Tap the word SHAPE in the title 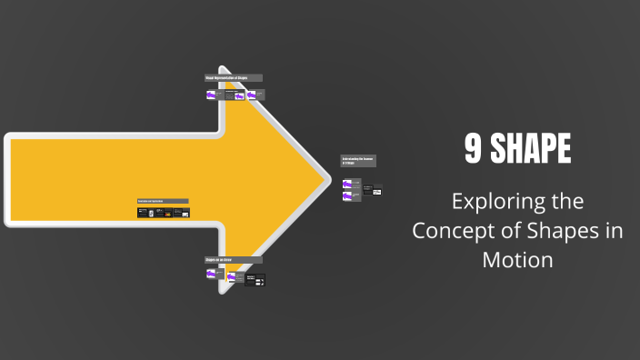point(531,150)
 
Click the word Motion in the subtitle point(517,259)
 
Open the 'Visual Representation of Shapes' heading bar point(234,78)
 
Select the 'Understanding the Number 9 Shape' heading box point(358,161)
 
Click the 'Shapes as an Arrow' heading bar point(234,259)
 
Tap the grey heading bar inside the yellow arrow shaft point(163,201)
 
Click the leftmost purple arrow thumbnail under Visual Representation point(211,94)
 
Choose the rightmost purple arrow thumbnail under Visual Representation point(251,95)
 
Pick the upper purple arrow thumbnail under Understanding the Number point(347,184)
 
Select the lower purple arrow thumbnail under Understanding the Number point(347,195)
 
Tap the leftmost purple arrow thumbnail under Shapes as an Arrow point(211,273)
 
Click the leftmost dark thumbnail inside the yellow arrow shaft point(143,213)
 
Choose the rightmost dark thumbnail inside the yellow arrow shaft point(185,214)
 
